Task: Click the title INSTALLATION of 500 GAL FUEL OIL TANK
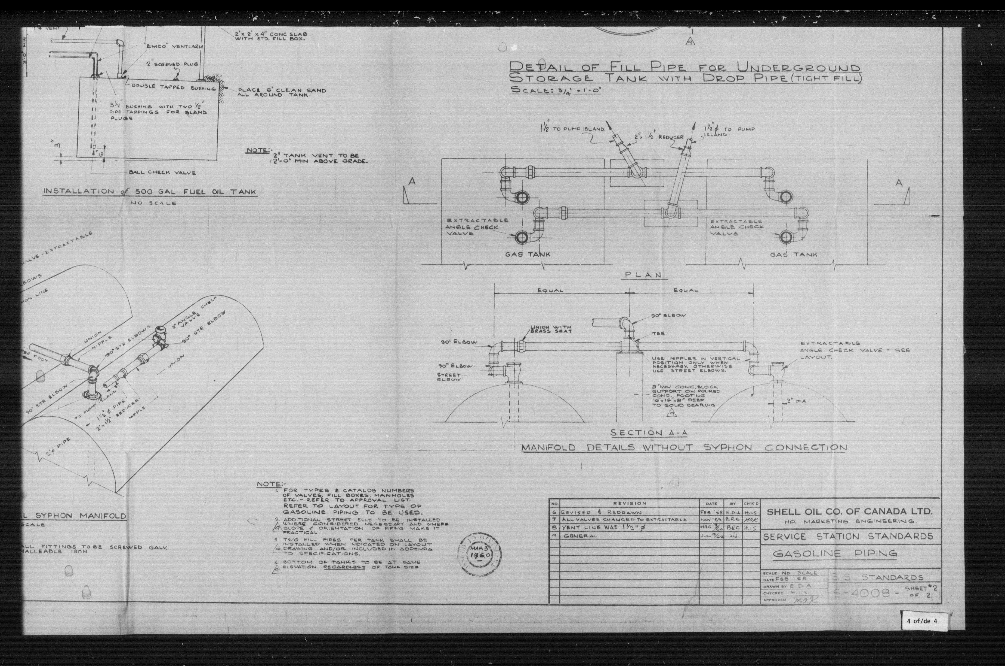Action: tap(150, 192)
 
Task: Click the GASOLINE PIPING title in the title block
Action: tap(834, 553)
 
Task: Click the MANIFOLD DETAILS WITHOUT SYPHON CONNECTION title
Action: tap(684, 448)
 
